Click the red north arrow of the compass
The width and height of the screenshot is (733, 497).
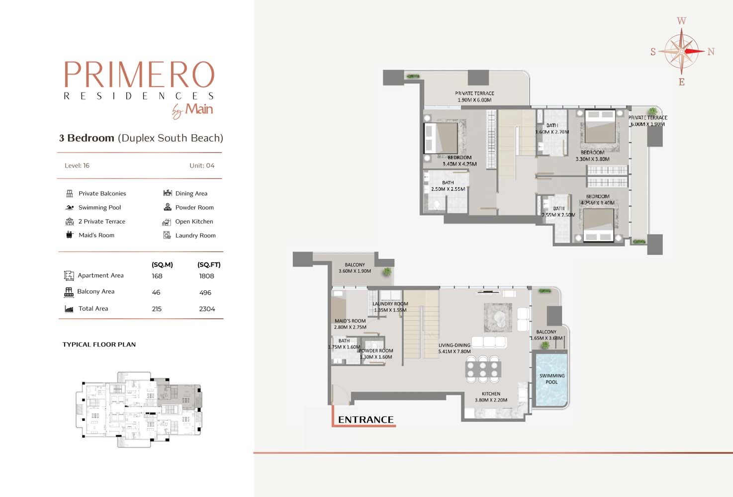694,51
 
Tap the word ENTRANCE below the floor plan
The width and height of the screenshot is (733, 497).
366,419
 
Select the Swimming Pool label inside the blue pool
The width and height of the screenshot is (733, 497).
551,379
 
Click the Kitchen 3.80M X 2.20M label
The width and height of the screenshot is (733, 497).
491,397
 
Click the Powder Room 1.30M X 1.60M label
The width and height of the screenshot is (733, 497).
376,354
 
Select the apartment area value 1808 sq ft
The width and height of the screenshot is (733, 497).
206,276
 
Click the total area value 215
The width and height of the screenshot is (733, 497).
157,309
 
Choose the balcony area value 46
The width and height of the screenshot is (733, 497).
156,292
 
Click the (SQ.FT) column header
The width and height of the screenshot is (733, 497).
209,264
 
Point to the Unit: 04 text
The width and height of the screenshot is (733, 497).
202,166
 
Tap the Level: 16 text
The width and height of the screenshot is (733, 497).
77,166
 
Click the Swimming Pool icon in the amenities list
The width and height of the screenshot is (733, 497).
70,207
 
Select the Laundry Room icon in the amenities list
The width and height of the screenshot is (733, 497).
167,235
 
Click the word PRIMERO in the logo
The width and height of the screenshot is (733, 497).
139,74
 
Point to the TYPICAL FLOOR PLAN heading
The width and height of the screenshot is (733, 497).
99,344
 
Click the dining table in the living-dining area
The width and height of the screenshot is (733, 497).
483,369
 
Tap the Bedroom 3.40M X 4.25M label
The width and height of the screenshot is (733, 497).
459,161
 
